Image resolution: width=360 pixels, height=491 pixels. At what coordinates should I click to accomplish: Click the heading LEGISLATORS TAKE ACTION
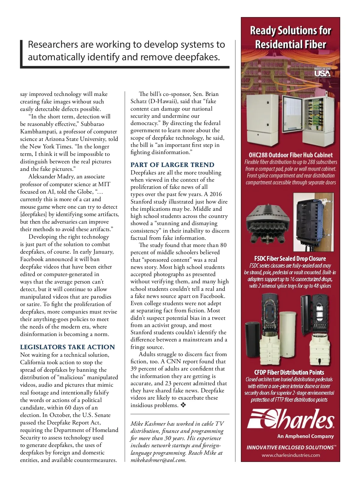[x=67, y=347]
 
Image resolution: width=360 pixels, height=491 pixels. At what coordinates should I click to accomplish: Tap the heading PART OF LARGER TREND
[x=172, y=165]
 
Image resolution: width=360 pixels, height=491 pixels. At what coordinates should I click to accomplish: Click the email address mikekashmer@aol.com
[x=158, y=460]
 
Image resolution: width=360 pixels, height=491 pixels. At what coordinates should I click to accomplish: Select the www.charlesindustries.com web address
[x=290, y=455]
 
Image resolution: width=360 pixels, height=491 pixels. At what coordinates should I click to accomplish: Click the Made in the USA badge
[x=322, y=72]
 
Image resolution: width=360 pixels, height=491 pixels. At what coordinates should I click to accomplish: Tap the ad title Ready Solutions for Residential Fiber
[x=290, y=37]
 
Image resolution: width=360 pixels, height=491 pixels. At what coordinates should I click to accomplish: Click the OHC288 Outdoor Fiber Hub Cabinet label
[x=290, y=155]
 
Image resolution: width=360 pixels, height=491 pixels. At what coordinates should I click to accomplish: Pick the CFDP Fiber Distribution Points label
[x=289, y=372]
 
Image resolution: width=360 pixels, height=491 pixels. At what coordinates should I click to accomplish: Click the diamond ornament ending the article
[x=183, y=405]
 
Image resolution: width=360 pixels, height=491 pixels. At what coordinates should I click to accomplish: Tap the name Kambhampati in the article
[x=39, y=131]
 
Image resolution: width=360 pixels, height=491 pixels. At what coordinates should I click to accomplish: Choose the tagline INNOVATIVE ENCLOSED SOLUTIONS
[x=290, y=447]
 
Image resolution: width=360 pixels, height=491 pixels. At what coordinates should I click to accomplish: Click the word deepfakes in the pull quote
[x=197, y=57]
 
